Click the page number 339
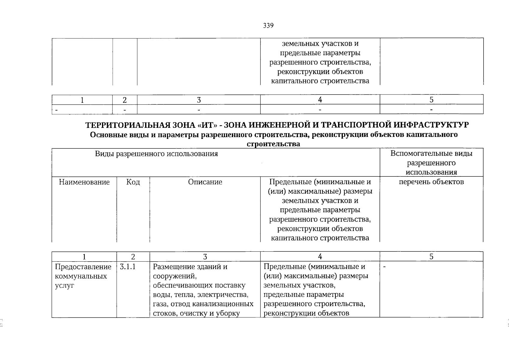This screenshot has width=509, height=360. click(268, 26)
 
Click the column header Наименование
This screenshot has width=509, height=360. click(84, 182)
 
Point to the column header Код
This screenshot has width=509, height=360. click(133, 182)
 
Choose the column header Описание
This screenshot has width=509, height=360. click(205, 182)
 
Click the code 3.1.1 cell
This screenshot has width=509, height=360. click(128, 267)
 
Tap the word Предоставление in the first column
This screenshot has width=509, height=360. click(83, 267)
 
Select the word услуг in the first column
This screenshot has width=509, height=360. click(64, 286)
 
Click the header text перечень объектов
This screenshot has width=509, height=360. click(431, 182)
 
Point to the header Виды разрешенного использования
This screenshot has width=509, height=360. click(156, 154)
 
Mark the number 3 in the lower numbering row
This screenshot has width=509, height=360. click(205, 257)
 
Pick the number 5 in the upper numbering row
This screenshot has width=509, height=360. click(431, 100)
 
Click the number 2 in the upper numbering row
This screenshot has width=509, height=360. click(125, 100)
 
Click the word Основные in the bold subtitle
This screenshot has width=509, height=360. click(106, 135)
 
